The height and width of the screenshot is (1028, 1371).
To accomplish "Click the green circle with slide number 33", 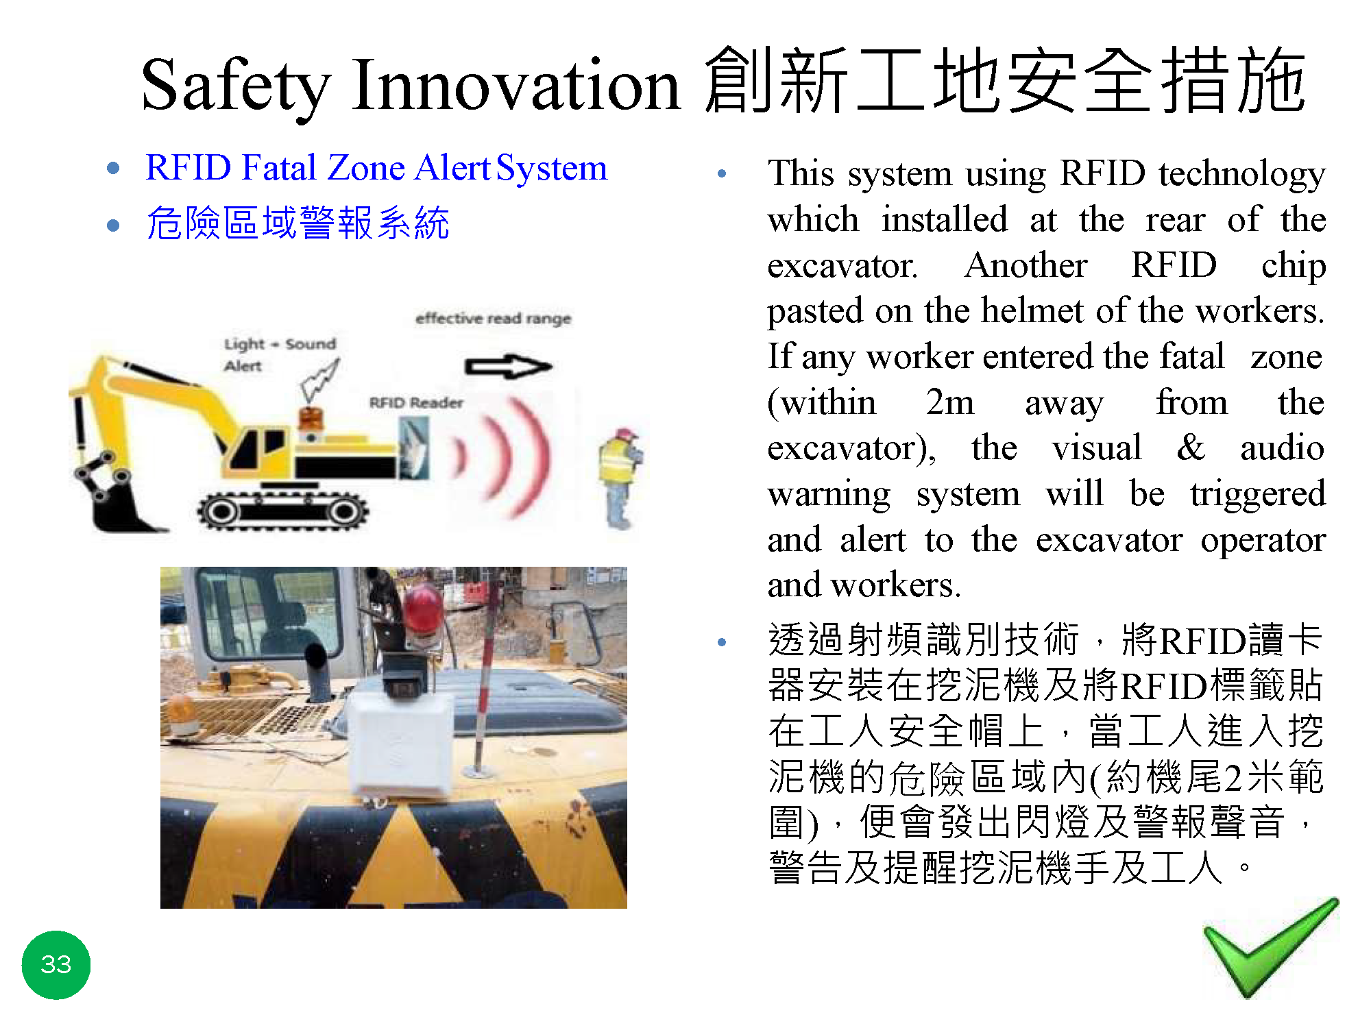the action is click(x=56, y=964).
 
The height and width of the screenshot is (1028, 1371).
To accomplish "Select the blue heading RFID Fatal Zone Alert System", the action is click(x=376, y=168).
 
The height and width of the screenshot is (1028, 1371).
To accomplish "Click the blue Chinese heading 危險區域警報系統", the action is click(x=298, y=223).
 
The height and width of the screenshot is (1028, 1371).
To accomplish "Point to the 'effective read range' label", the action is click(x=493, y=319).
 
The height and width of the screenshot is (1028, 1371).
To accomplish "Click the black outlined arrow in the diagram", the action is click(x=508, y=367).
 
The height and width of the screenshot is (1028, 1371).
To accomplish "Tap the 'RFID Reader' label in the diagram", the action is click(x=416, y=403).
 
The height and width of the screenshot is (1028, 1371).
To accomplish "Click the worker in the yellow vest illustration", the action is click(x=619, y=478).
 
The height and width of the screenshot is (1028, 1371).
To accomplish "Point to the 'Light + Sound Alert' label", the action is click(x=280, y=354).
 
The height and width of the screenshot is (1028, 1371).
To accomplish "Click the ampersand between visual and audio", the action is click(x=1191, y=448).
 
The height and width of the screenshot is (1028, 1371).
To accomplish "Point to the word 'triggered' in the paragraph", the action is click(x=1258, y=495).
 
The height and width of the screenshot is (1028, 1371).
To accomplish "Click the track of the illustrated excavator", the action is click(x=283, y=510).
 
